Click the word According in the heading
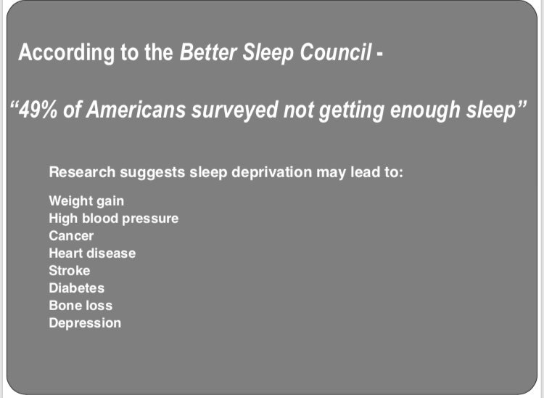tap(66, 53)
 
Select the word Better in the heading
tap(208, 52)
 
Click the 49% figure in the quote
tap(38, 110)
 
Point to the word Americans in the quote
tap(136, 110)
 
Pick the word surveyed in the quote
tap(235, 110)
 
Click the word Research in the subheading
tap(82, 172)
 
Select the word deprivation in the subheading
tap(272, 173)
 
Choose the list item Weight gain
tap(86, 201)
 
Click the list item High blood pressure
tap(114, 219)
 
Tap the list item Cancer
tap(71, 235)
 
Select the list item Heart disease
tap(92, 253)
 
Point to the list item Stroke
tap(70, 270)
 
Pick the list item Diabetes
tap(77, 288)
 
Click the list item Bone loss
tap(81, 305)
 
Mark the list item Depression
tap(85, 323)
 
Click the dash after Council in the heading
tap(379, 54)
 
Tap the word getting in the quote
tap(351, 110)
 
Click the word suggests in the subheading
tap(152, 173)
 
